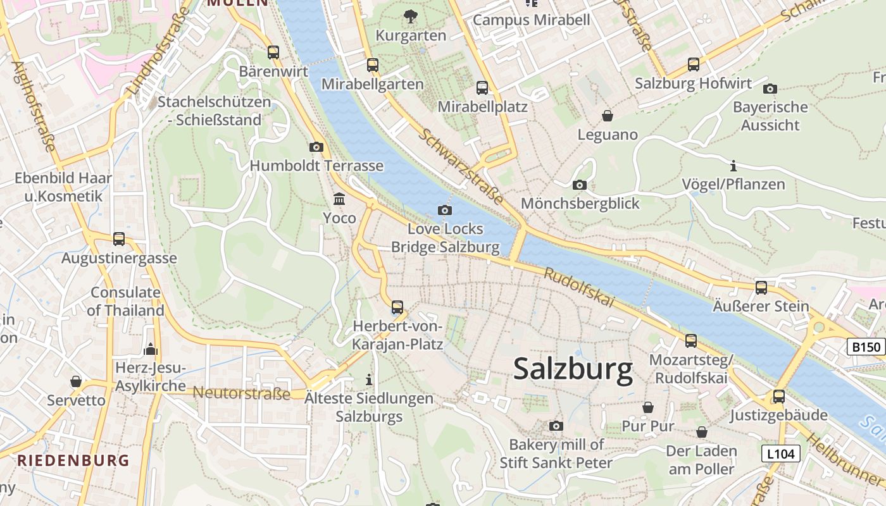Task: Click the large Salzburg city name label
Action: pyautogui.click(x=573, y=369)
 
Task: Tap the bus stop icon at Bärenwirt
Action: pyautogui.click(x=273, y=52)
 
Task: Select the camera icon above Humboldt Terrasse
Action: pyautogui.click(x=316, y=147)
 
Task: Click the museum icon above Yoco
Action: pyautogui.click(x=339, y=199)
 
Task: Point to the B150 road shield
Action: pyautogui.click(x=865, y=347)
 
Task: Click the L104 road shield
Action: pyautogui.click(x=780, y=454)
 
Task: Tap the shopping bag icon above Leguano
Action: pyautogui.click(x=608, y=116)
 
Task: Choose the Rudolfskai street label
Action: pyautogui.click(x=579, y=288)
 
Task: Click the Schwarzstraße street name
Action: pyautogui.click(x=461, y=167)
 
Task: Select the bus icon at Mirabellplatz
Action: pyautogui.click(x=482, y=88)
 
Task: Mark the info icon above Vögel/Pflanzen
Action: pyautogui.click(x=733, y=166)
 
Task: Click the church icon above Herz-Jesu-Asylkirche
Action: pyautogui.click(x=150, y=349)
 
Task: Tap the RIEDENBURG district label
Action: pyautogui.click(x=73, y=460)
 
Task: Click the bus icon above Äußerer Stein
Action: pyautogui.click(x=761, y=288)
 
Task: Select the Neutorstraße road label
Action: pyautogui.click(x=241, y=393)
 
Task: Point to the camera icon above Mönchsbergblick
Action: pyautogui.click(x=579, y=185)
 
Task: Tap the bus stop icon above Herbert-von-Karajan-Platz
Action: pyautogui.click(x=397, y=307)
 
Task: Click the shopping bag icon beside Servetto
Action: pyautogui.click(x=76, y=381)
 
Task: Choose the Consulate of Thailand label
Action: pyautogui.click(x=125, y=302)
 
